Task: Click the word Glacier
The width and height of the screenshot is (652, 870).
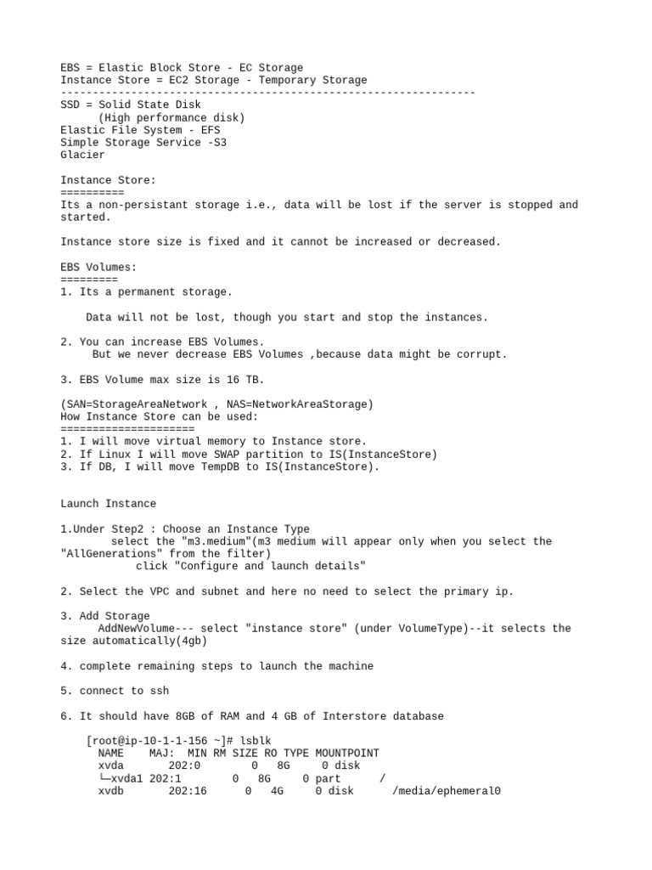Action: tap(82, 155)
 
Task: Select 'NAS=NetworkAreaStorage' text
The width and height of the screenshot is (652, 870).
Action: tap(297, 404)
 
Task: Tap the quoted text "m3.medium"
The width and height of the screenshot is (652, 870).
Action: tap(213, 541)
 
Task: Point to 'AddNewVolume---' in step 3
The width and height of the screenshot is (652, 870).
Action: tap(146, 629)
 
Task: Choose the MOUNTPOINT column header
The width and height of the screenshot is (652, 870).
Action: tap(347, 754)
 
